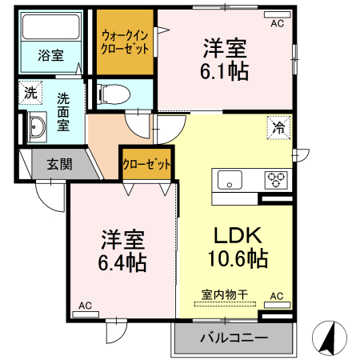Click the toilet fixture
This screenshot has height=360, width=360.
point(111,94)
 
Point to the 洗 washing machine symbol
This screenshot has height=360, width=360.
point(30,92)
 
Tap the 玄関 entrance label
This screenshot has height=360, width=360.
point(59,165)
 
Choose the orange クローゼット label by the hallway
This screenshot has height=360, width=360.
point(146,165)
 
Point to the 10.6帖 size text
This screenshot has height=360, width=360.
point(234,260)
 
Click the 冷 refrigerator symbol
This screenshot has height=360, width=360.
point(279,127)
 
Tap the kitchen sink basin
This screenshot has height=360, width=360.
point(229,181)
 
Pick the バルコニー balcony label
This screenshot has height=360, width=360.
point(234,338)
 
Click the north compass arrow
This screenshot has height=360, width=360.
point(329,339)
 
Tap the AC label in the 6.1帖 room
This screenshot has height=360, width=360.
point(278,24)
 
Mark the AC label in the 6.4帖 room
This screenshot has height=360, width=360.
point(85,306)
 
